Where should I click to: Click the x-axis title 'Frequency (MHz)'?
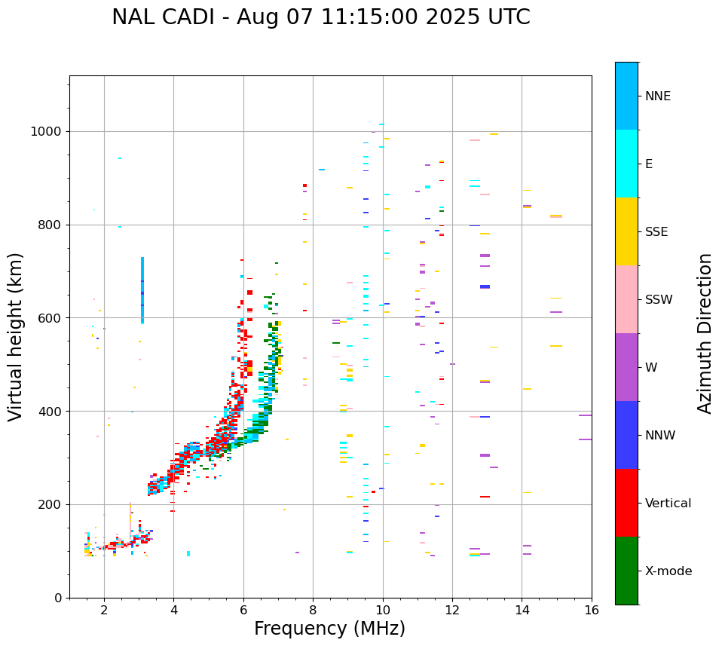pyautogui.click(x=329, y=629)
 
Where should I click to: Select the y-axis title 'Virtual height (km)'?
pyautogui.click(x=16, y=337)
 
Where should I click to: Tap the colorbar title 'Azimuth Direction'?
pyautogui.click(x=705, y=333)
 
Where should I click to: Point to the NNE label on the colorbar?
pyautogui.click(x=657, y=96)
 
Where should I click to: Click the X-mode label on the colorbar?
pyautogui.click(x=668, y=571)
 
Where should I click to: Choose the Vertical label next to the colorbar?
pyautogui.click(x=668, y=504)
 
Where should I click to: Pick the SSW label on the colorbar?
pyautogui.click(x=659, y=300)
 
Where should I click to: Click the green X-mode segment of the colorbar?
pyautogui.click(x=626, y=571)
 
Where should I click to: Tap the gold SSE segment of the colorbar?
pyautogui.click(x=626, y=231)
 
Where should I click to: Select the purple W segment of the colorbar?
pyautogui.click(x=626, y=367)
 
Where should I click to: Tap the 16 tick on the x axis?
pyautogui.click(x=592, y=608)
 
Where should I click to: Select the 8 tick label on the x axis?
pyautogui.click(x=313, y=608)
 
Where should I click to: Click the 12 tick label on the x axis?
pyautogui.click(x=452, y=608)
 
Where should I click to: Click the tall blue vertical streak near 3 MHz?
pyautogui.click(x=142, y=290)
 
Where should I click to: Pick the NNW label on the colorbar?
pyautogui.click(x=659, y=436)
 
